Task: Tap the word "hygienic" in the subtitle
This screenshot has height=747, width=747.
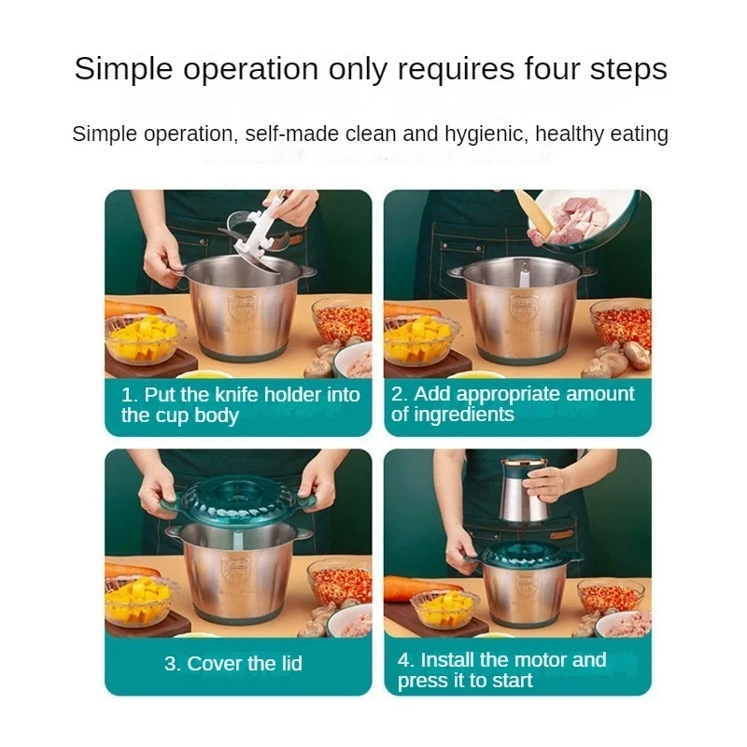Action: [486, 134]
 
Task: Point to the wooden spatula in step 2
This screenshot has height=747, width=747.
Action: [533, 211]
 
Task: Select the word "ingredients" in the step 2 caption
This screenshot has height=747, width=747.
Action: [463, 415]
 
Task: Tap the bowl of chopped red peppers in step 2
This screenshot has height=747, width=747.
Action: [621, 324]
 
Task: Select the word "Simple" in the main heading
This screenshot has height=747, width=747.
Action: [123, 68]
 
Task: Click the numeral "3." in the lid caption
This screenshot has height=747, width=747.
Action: [172, 664]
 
